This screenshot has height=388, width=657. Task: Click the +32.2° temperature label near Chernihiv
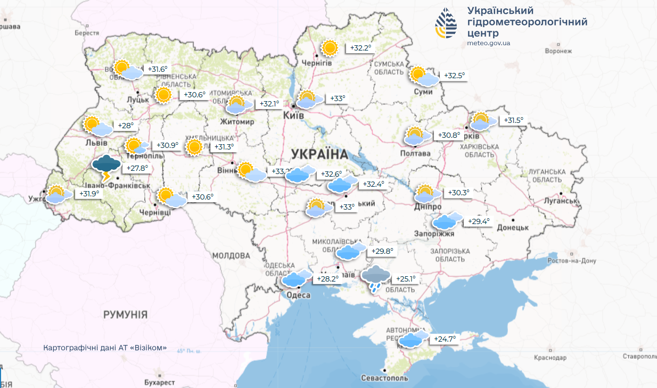pos(360,48)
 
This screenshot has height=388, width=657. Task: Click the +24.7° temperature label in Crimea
pos(445,339)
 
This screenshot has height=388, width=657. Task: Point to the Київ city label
pos(294,115)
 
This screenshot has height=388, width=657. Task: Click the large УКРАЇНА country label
pos(319,154)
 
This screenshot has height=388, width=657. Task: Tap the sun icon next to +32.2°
pos(330,48)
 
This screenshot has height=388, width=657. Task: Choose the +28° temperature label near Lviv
pos(126,126)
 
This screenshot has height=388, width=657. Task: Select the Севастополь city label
pos(384,378)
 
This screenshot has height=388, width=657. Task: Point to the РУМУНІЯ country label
pos(125,315)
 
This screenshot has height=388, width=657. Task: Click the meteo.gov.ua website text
pos(489,43)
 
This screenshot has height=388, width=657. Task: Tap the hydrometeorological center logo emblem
pos(446,24)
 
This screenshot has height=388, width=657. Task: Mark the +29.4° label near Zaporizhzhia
pos(478,222)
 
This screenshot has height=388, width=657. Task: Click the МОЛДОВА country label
pos(231,255)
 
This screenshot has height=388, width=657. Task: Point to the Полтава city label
pos(415,153)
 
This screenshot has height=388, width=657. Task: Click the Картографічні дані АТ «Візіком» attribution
pos(105,348)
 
